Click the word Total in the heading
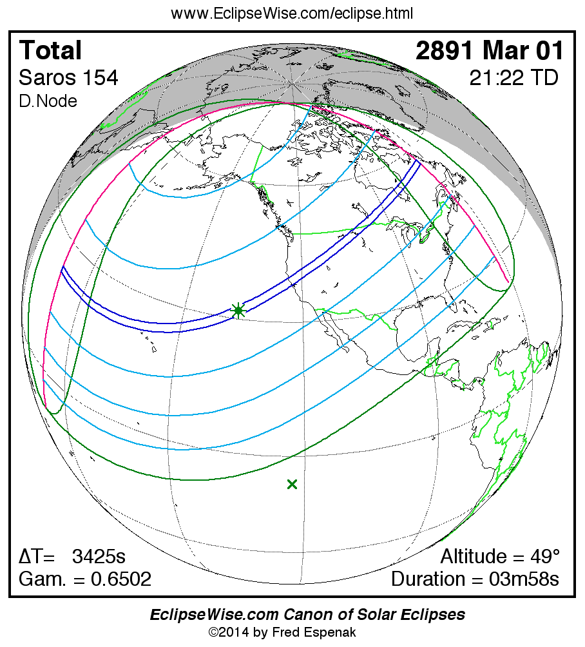[51, 50]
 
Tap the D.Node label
[48, 101]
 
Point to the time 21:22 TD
[513, 78]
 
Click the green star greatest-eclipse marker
[238, 311]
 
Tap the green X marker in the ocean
[292, 484]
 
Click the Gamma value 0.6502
[120, 579]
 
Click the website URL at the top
[292, 14]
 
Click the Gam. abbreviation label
[39, 579]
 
